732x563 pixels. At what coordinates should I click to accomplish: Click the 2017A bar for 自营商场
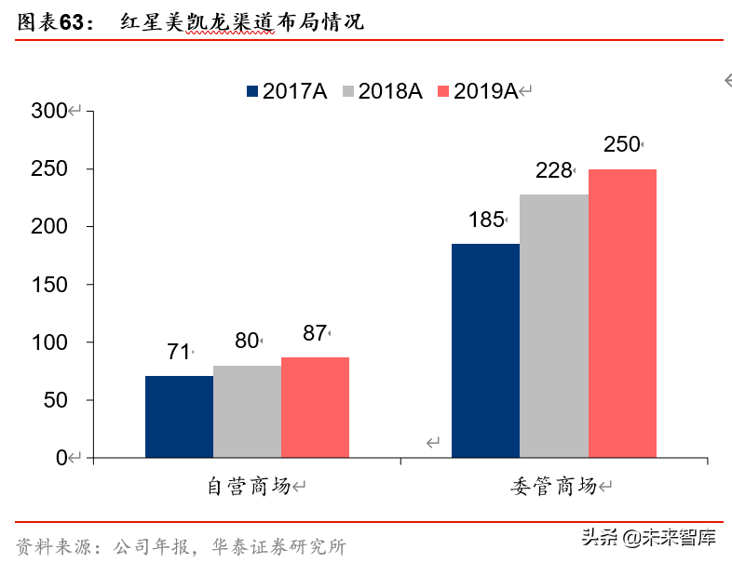[179, 417]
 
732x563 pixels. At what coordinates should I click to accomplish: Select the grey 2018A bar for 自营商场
[247, 411]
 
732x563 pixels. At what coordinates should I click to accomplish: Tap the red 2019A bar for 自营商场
[315, 408]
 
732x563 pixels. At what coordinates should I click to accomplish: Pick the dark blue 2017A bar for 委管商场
[485, 351]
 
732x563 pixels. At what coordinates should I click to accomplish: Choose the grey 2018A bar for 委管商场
[553, 326]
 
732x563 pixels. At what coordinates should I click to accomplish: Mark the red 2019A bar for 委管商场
[622, 314]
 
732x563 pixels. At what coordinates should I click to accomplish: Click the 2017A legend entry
[288, 91]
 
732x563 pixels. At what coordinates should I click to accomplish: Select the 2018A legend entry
[383, 91]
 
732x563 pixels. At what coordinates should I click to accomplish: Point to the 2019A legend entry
[479, 91]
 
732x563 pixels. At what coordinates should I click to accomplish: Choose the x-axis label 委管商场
[554, 486]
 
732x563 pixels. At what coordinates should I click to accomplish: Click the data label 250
[621, 144]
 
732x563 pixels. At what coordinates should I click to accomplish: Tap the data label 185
[485, 221]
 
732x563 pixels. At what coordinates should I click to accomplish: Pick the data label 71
[178, 352]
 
